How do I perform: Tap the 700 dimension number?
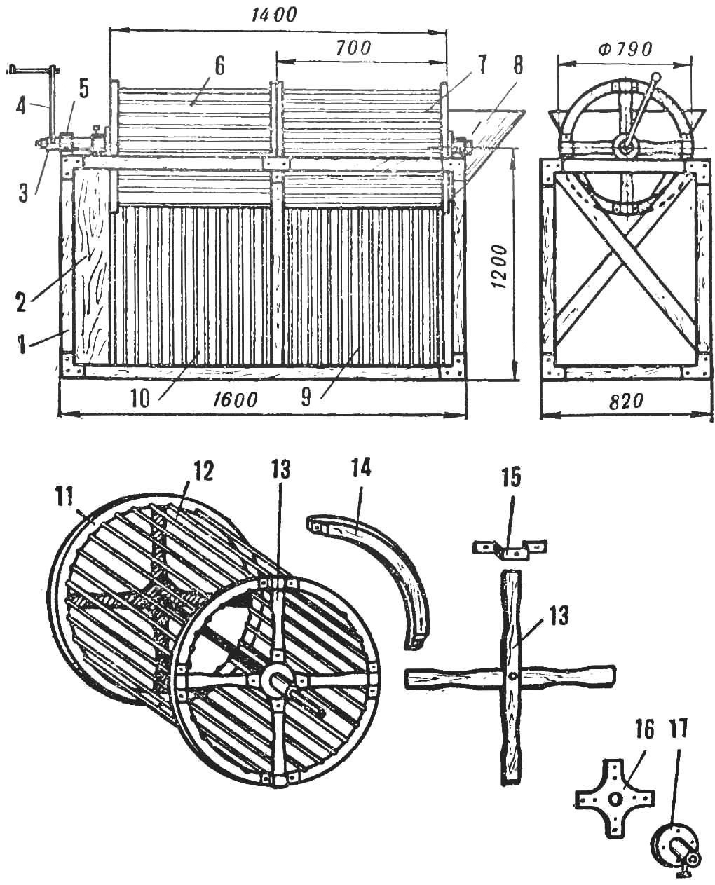(353, 48)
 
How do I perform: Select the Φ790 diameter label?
(625, 50)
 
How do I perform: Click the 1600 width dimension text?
(234, 399)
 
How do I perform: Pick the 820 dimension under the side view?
(625, 401)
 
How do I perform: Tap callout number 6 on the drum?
(219, 67)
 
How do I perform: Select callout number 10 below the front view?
(140, 399)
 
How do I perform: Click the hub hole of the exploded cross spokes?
(513, 676)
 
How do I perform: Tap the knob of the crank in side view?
(655, 77)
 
